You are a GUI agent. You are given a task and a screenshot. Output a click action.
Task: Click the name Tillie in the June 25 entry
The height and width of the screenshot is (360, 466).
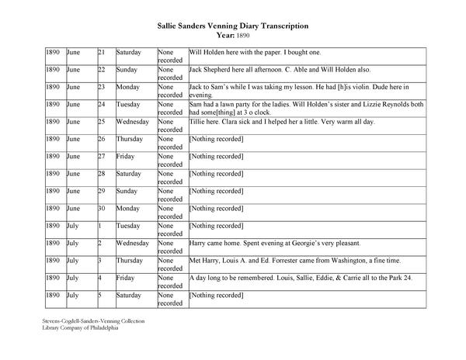(x=200, y=122)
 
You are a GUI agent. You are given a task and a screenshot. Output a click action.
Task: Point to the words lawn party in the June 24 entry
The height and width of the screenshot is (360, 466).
(x=240, y=105)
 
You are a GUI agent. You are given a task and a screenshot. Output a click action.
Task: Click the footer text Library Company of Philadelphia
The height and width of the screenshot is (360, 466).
(x=80, y=328)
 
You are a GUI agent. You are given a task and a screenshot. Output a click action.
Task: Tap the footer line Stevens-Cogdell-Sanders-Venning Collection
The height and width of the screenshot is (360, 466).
(x=93, y=320)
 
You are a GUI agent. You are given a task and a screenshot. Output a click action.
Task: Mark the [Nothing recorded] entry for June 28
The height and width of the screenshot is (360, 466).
(x=217, y=174)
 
